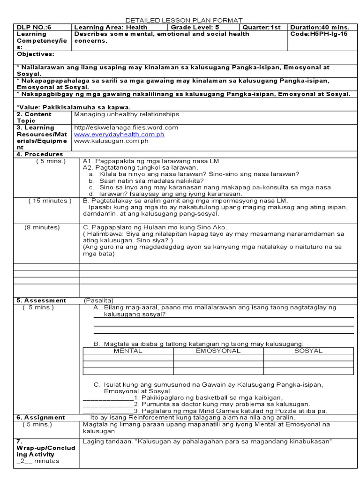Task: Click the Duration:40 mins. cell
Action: pyautogui.click(x=320, y=27)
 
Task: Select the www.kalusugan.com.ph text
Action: pyautogui.click(x=112, y=141)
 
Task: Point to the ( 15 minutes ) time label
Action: pyautogui.click(x=50, y=201)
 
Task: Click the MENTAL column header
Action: pyautogui.click(x=128, y=351)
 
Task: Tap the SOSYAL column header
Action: pyautogui.click(x=308, y=351)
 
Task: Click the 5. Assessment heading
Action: pyautogui.click(x=41, y=300)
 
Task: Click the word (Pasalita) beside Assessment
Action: pyautogui.click(x=99, y=300)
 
